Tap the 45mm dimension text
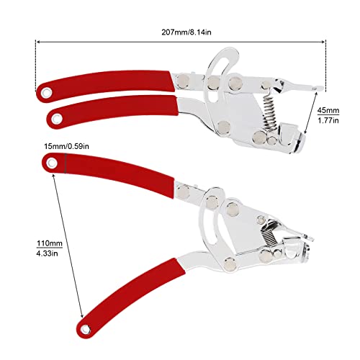click(x=327, y=110)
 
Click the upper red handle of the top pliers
click(x=108, y=83)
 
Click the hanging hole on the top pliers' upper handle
click(x=45, y=92)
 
